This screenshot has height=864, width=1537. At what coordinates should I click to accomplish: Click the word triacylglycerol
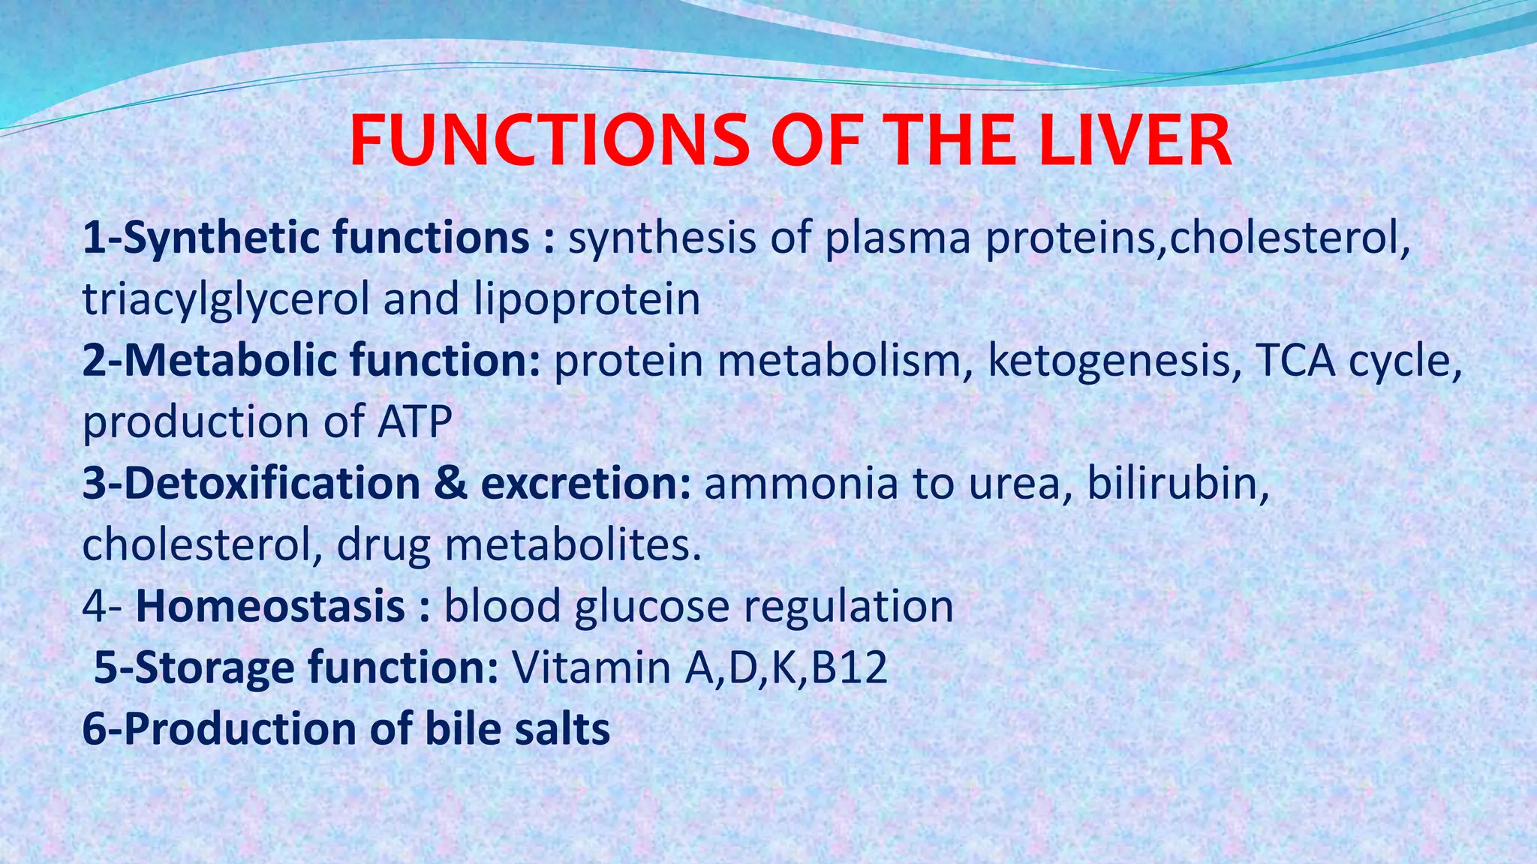click(225, 300)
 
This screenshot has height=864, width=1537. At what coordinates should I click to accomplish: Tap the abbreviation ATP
click(414, 422)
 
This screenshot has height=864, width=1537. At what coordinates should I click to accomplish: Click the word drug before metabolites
click(383, 545)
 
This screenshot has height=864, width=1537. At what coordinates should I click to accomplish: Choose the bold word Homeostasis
click(270, 606)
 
